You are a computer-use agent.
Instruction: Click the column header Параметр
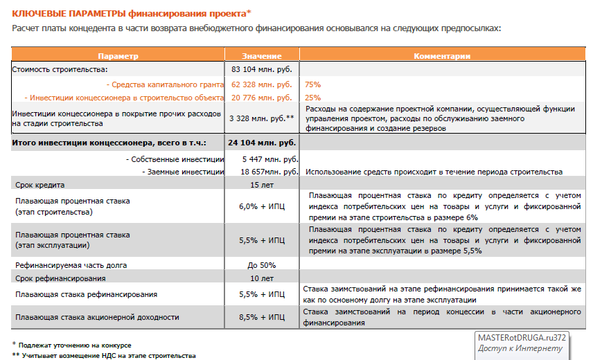coord(118,55)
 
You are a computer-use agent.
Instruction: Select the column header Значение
coord(262,55)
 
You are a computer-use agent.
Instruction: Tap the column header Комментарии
coord(442,55)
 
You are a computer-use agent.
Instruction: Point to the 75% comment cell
coord(312,84)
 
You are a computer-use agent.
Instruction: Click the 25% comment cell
coord(312,98)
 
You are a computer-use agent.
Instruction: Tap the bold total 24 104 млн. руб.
coord(262,143)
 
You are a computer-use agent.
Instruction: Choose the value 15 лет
coord(262,185)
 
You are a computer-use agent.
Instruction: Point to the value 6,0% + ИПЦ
coord(262,206)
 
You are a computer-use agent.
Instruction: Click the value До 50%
coord(262,265)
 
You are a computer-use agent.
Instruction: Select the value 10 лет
coord(262,278)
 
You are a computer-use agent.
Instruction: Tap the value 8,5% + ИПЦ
coord(262,317)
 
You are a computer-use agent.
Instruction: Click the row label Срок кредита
coord(40,185)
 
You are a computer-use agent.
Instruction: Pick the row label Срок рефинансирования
coord(60,278)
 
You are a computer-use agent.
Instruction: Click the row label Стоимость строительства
coord(60,69)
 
